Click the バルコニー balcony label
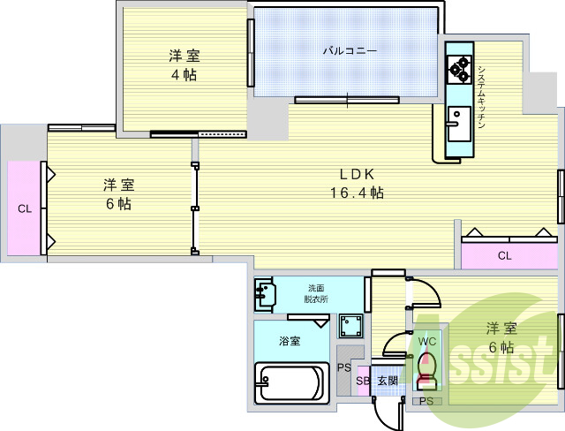[350, 51]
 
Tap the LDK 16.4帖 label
[357, 184]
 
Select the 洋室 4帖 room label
[185, 65]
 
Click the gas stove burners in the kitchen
[459, 69]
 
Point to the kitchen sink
[459, 124]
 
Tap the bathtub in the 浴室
[292, 382]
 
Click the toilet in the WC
[426, 371]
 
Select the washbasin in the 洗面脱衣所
[265, 293]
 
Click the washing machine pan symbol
[350, 325]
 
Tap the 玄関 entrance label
[388, 381]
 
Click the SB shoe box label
[363, 381]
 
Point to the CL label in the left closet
[25, 208]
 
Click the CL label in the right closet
[504, 256]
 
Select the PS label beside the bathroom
[344, 368]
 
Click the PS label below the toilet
[426, 401]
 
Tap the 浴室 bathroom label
[290, 341]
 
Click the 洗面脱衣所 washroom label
[316, 294]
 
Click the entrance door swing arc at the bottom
[382, 417]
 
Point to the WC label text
[427, 342]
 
